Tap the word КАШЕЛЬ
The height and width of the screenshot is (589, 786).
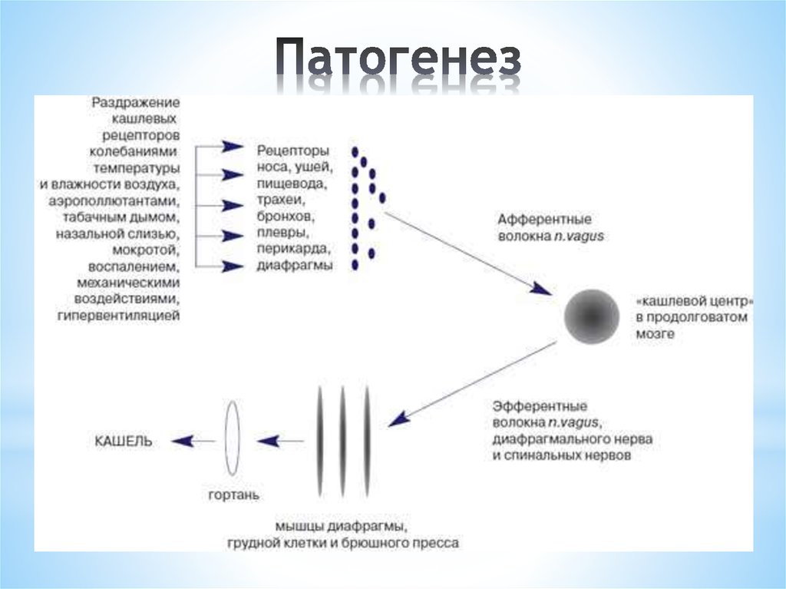point(124,441)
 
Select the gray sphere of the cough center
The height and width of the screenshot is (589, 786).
point(591,316)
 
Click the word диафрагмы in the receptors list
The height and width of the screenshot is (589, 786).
point(296,266)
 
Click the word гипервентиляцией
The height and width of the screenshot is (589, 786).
point(118,316)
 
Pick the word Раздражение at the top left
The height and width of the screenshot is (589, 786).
point(136,101)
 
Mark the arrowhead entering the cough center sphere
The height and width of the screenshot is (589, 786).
point(543,289)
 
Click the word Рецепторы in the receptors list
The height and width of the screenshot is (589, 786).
point(293,149)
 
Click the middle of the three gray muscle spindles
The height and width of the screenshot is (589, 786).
point(342,441)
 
